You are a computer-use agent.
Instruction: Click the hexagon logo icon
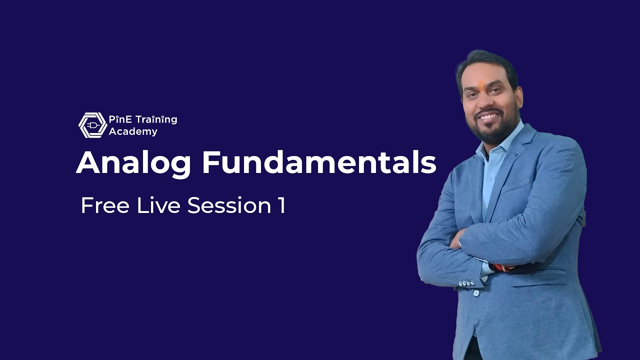(92, 125)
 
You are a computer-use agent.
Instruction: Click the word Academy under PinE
(133, 132)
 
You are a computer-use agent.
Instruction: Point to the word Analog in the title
(133, 163)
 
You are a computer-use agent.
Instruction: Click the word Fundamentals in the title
(319, 162)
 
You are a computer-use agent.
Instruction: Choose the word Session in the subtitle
(229, 205)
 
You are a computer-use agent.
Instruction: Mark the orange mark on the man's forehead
(481, 84)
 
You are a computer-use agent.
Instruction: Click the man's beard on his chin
(492, 134)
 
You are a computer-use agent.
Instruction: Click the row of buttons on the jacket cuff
(466, 283)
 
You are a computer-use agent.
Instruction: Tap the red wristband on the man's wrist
(502, 268)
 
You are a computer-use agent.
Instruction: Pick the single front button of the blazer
(475, 293)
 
